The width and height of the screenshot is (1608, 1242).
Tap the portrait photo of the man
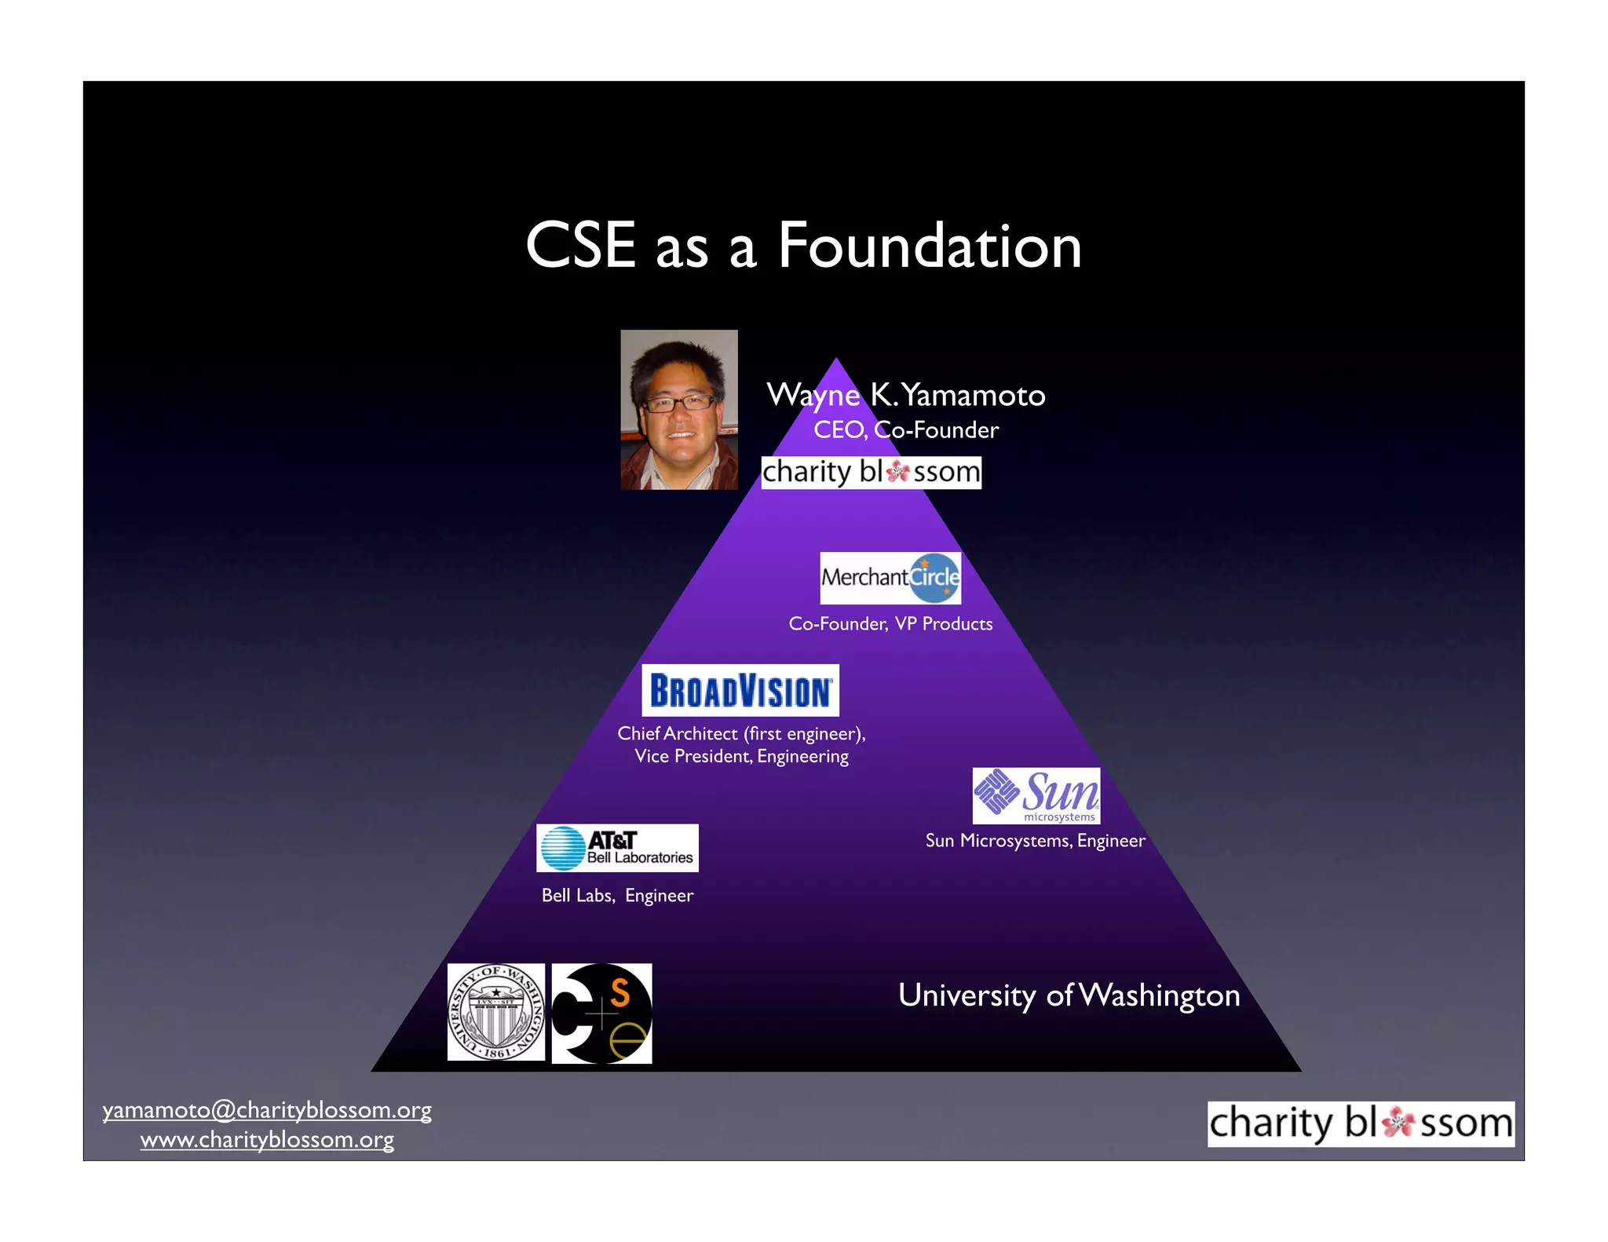tap(679, 410)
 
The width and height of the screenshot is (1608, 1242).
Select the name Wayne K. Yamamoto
tap(906, 395)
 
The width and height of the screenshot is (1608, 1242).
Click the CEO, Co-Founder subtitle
tap(906, 430)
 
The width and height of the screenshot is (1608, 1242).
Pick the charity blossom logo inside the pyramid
tap(872, 473)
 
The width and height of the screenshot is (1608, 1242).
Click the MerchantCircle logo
tap(890, 578)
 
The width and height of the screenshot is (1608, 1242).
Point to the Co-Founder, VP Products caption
tap(890, 624)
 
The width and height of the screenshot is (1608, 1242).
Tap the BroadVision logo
tap(740, 691)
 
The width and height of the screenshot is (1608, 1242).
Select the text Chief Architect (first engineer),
tap(741, 733)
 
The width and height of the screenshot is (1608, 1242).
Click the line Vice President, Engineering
tap(741, 756)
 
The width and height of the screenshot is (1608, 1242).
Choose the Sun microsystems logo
tap(1036, 795)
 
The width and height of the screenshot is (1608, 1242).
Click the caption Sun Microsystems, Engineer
tap(1035, 841)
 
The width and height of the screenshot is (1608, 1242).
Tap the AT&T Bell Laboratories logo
tap(617, 848)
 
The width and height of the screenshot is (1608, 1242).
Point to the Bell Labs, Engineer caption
tap(617, 896)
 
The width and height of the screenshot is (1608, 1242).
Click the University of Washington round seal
tap(496, 1012)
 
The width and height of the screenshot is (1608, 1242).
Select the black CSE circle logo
tap(601, 1014)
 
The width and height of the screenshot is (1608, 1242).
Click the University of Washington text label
tap(1069, 995)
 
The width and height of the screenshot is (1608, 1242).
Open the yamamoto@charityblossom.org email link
tap(267, 1110)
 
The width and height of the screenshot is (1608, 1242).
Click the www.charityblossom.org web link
tap(267, 1140)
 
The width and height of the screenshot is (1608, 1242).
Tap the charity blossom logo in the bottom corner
tap(1361, 1123)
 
